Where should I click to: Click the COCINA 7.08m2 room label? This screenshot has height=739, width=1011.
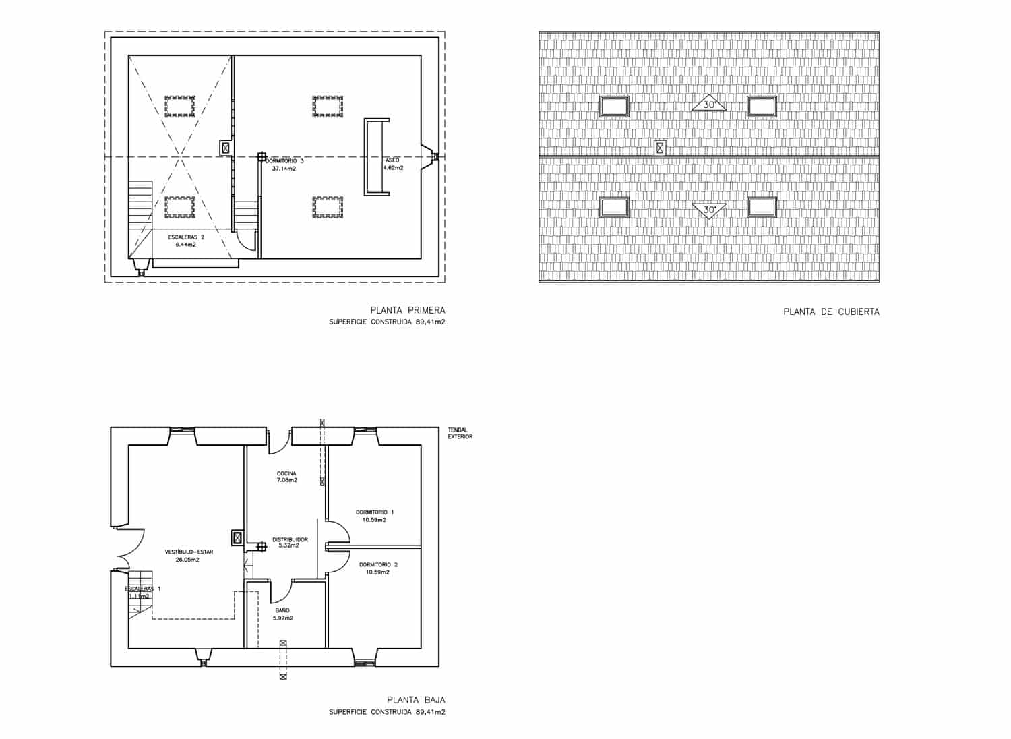pos(286,477)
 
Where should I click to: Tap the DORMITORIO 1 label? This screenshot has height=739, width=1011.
pos(374,516)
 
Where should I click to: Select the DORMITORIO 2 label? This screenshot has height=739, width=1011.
pos(378,568)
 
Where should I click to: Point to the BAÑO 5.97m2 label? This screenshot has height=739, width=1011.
pos(282,614)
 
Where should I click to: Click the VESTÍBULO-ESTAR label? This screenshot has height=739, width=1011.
pos(189,556)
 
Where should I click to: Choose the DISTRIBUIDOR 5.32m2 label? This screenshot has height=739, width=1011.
pos(290,542)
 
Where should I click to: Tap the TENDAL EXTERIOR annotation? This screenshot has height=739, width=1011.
pos(460,433)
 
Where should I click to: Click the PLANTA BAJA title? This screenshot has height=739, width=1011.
pos(415,700)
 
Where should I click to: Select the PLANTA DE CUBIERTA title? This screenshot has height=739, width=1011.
pos(831,312)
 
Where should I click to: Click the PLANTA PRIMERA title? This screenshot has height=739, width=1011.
pos(407,310)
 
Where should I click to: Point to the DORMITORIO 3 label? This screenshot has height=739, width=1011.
pos(284,165)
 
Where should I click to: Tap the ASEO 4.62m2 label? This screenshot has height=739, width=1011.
pos(394,164)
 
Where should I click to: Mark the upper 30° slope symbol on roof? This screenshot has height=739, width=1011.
pos(709,105)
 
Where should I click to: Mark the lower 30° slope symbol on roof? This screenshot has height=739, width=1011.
pos(709,210)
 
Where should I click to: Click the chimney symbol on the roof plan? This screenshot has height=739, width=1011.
pos(660,148)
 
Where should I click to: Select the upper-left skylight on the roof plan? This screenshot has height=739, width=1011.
pos(614,106)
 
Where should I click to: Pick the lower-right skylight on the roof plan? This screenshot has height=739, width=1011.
pos(762,207)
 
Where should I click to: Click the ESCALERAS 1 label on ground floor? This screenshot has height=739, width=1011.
pos(142,592)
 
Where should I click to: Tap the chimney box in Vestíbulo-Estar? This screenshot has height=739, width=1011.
pos(237,537)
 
